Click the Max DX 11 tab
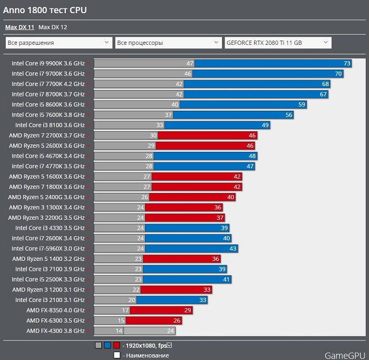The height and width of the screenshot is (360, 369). click(20, 27)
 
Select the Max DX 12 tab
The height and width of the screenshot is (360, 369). click(53, 27)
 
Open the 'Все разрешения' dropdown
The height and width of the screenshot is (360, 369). click(58, 43)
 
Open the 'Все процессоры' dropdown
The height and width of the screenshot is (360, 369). click(168, 43)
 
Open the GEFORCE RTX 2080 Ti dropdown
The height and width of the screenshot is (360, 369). click(277, 43)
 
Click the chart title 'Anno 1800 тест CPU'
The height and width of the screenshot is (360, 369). click(45, 10)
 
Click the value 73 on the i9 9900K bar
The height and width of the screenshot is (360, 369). click(347, 63)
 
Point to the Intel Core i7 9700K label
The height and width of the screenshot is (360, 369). click(48, 74)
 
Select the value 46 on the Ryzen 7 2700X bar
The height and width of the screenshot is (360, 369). click(252, 135)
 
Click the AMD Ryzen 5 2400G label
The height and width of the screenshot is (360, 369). click(46, 197)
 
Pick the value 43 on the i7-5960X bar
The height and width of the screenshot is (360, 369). click(234, 248)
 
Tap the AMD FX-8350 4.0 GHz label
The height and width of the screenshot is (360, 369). click(55, 310)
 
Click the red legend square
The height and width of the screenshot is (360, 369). click(116, 346)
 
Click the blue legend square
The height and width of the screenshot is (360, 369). click(108, 346)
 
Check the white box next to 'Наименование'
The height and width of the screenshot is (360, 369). click(117, 355)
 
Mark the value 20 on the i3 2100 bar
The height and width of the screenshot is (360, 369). click(132, 300)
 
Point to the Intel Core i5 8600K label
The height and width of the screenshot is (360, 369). click(48, 104)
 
